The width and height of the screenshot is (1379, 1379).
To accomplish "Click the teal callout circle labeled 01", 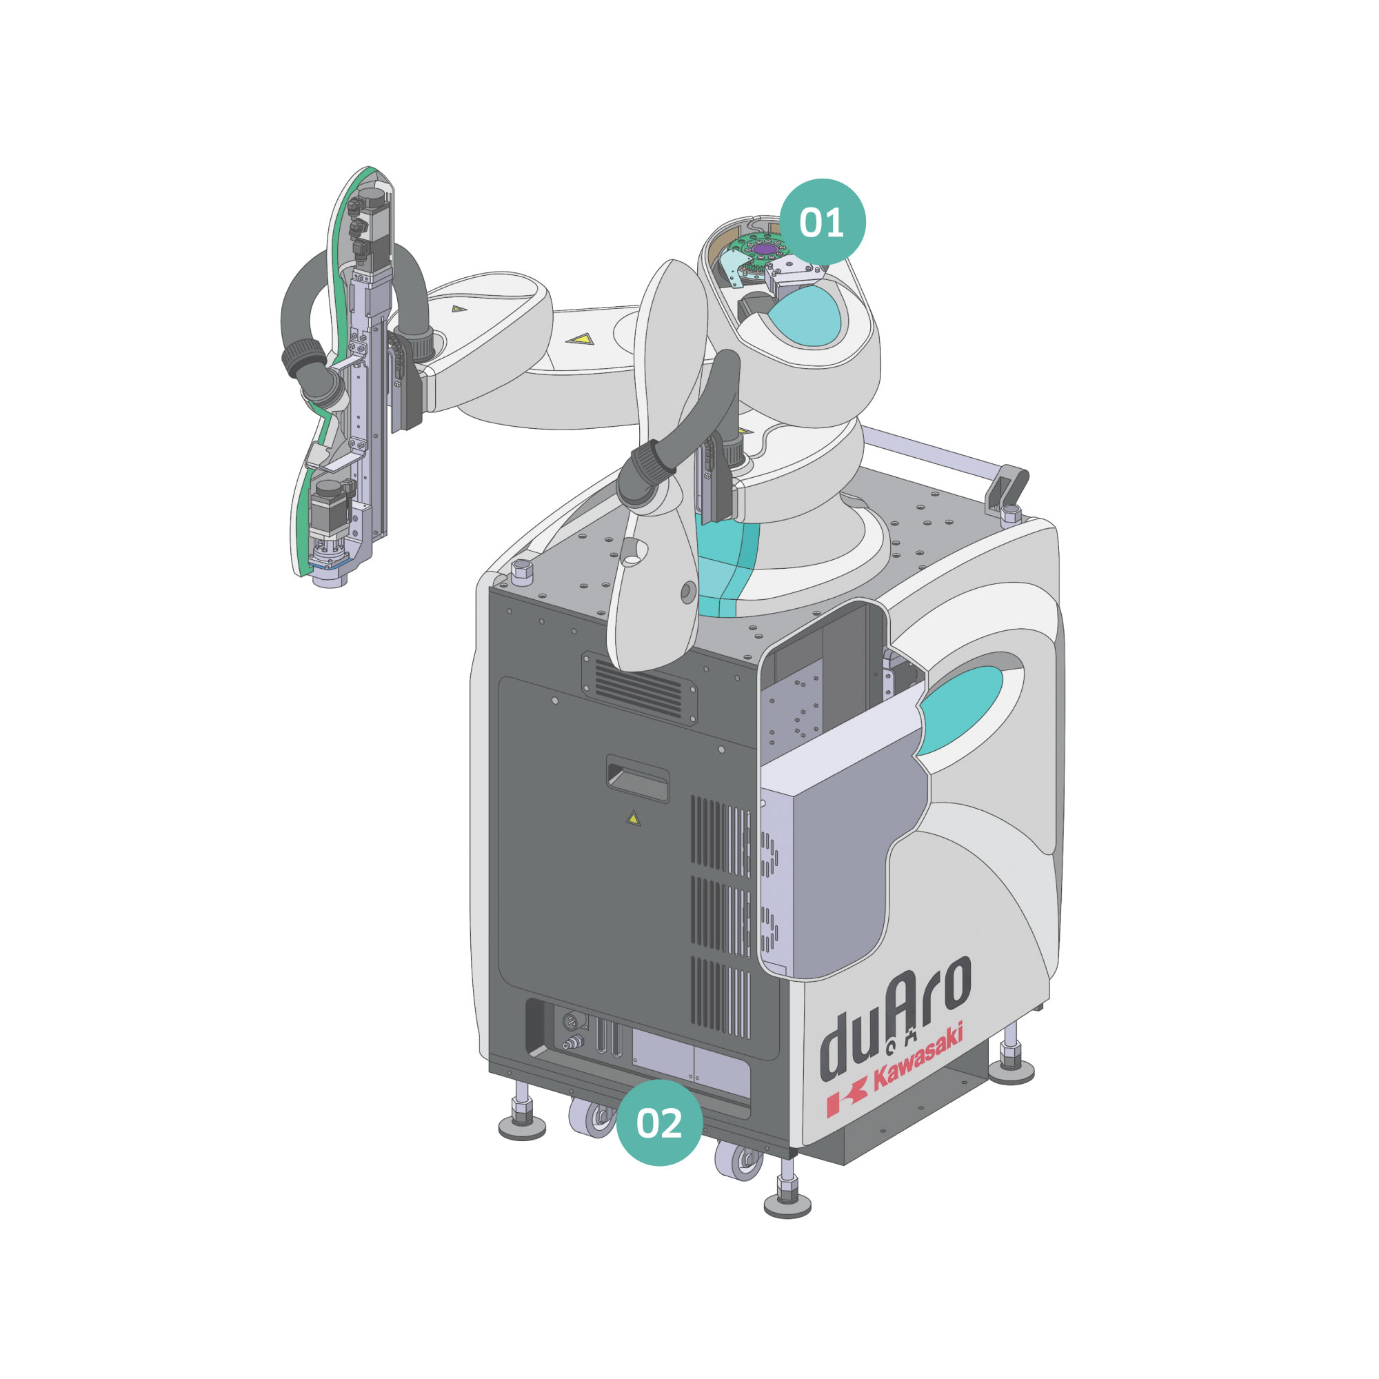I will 822,222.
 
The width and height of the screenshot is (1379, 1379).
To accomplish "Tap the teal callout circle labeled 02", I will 658,1122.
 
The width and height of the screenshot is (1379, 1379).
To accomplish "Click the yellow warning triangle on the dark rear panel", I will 633,819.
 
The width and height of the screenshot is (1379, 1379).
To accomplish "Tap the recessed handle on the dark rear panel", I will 637,779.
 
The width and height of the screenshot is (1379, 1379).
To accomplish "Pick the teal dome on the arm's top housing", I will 807,316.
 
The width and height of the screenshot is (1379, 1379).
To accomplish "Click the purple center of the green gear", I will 765,248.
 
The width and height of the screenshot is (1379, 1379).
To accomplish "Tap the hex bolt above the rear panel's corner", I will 522,570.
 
